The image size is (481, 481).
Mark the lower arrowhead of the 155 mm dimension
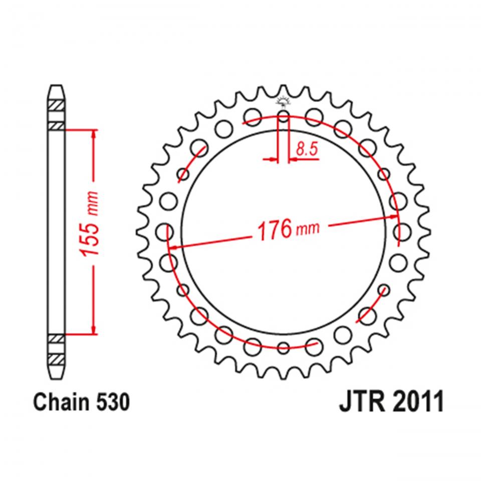tap(93, 328)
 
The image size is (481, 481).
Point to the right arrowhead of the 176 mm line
tap(393, 217)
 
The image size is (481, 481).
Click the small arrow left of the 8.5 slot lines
tap(272, 160)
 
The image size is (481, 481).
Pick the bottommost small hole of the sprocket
tap(284, 347)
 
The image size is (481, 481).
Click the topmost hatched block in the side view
tap(56, 107)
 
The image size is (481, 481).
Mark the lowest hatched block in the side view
tap(56, 359)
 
